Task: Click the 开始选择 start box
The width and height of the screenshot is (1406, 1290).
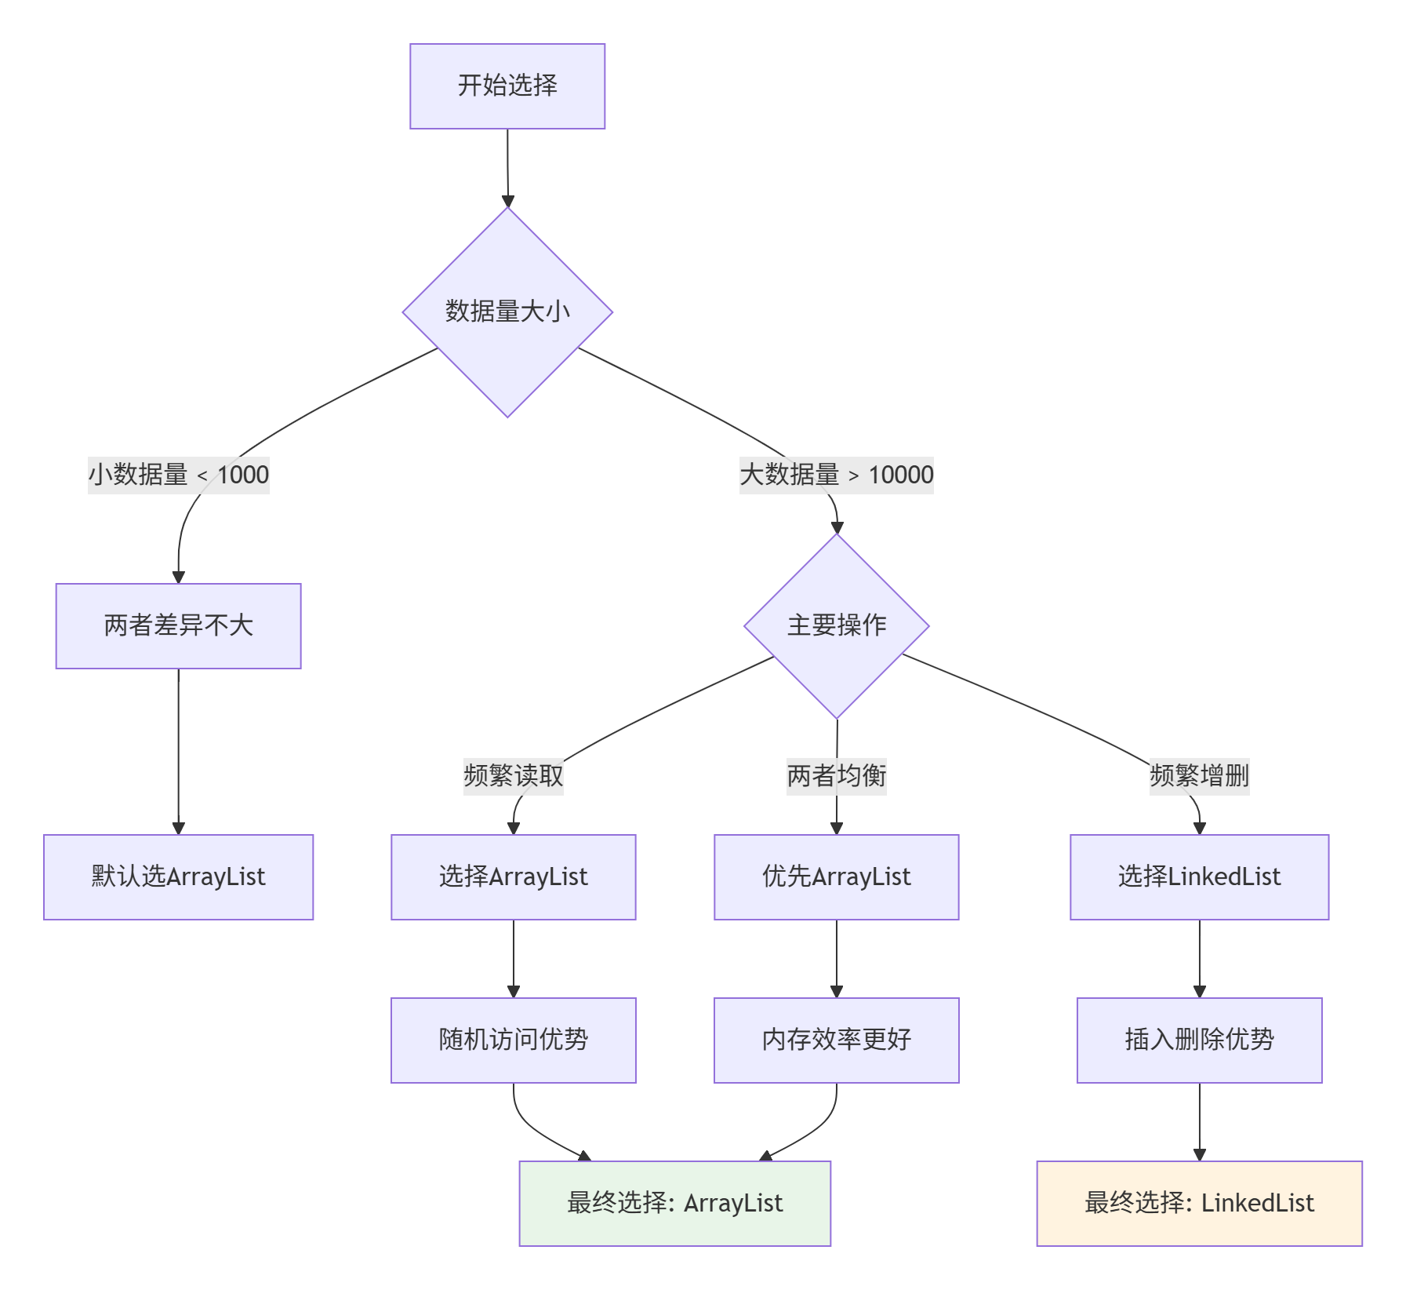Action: pyautogui.click(x=507, y=86)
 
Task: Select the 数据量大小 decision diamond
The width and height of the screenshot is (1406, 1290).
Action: pyautogui.click(x=507, y=312)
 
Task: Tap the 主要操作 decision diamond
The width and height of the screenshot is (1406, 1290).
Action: pyautogui.click(x=837, y=625)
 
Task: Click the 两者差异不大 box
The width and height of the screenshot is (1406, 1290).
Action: pyautogui.click(x=178, y=625)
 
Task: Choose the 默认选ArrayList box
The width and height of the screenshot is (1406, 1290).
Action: pyautogui.click(x=178, y=876)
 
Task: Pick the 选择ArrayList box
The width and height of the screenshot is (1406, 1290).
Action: pyautogui.click(x=513, y=876)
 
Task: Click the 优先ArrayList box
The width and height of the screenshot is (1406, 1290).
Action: pyautogui.click(x=836, y=876)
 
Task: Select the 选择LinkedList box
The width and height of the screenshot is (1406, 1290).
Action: pyautogui.click(x=1199, y=876)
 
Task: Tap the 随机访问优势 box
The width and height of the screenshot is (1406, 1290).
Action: pyautogui.click(x=513, y=1040)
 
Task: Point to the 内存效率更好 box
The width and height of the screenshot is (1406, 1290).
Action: pyautogui.click(x=836, y=1040)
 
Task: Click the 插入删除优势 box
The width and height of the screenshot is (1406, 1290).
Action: pyautogui.click(x=1199, y=1040)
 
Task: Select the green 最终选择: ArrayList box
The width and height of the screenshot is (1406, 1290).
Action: pyautogui.click(x=674, y=1203)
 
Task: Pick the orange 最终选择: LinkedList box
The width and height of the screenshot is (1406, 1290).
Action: pyautogui.click(x=1199, y=1203)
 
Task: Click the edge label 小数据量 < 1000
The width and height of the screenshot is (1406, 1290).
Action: pyautogui.click(x=178, y=475)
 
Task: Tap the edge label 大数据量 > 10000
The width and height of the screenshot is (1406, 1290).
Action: pyautogui.click(x=836, y=475)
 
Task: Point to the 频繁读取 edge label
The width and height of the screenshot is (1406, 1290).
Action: pyautogui.click(x=513, y=776)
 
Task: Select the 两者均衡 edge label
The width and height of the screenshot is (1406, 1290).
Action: pyautogui.click(x=836, y=776)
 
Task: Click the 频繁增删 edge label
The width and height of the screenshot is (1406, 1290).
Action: pyautogui.click(x=1199, y=776)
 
